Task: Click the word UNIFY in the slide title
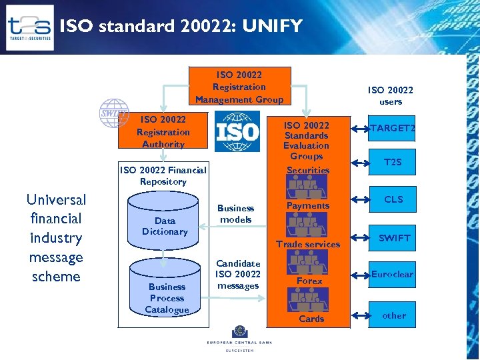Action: point(272,26)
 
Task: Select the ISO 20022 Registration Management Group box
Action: point(239,87)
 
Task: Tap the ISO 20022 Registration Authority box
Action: point(163,131)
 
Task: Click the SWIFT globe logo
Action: point(113,113)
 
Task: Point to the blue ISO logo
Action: point(237,131)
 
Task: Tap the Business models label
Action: point(236,213)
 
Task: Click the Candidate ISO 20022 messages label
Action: point(238,275)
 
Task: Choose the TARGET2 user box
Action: point(393,128)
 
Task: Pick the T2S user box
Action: point(393,162)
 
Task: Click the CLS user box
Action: point(393,199)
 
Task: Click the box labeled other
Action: point(393,315)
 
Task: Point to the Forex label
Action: point(309,281)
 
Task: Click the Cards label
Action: point(311,319)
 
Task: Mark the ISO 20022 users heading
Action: point(391,96)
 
